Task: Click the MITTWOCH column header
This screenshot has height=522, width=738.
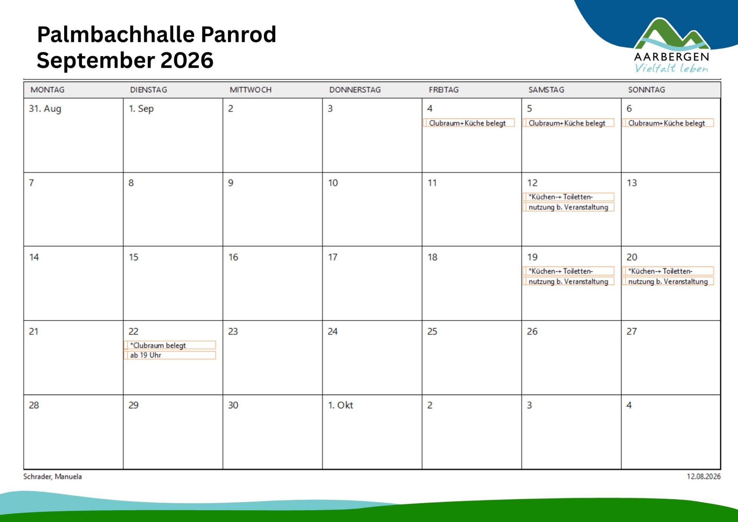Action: (x=250, y=90)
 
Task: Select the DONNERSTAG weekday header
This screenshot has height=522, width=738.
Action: (x=355, y=90)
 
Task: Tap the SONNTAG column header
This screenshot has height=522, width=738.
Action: (x=646, y=90)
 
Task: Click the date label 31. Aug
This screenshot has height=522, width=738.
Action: (x=45, y=108)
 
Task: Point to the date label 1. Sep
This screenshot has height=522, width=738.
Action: (x=141, y=108)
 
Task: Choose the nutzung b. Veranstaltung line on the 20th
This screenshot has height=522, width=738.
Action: (x=668, y=282)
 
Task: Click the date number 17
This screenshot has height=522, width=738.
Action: (x=333, y=257)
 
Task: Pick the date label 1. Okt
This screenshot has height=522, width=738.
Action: (x=340, y=405)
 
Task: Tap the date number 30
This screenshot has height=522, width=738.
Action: (x=233, y=405)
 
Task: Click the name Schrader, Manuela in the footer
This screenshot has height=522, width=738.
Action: (x=53, y=477)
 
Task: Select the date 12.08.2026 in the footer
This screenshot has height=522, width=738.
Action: (x=703, y=477)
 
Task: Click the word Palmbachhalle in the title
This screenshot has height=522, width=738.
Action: (x=116, y=35)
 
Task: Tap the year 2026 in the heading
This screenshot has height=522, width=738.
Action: (x=187, y=60)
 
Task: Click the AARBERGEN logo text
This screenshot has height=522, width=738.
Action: (x=671, y=57)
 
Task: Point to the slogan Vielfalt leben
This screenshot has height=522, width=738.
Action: (x=671, y=68)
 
